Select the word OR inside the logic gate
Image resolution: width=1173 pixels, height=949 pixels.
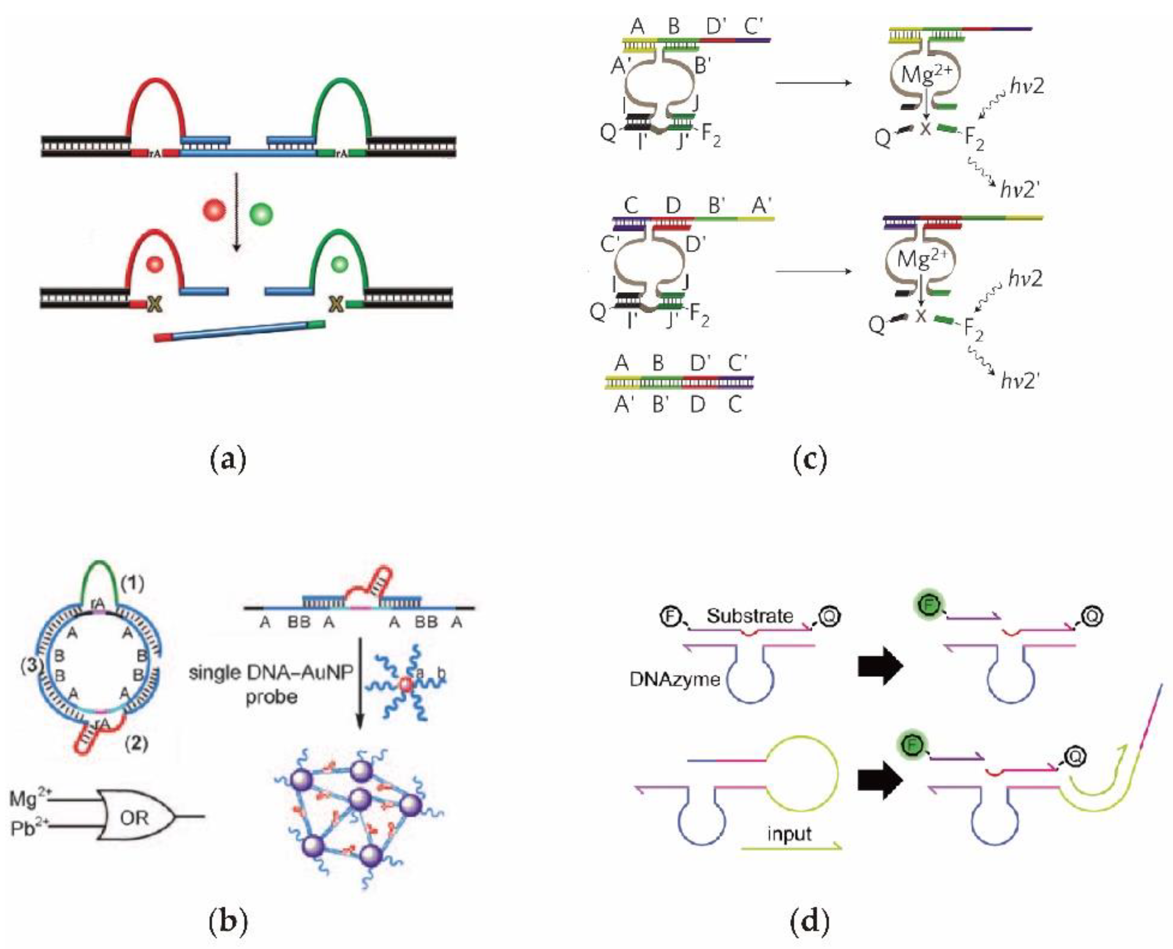(134, 818)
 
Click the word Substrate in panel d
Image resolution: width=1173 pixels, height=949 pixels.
(749, 616)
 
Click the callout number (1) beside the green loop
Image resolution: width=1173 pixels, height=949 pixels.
(132, 585)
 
